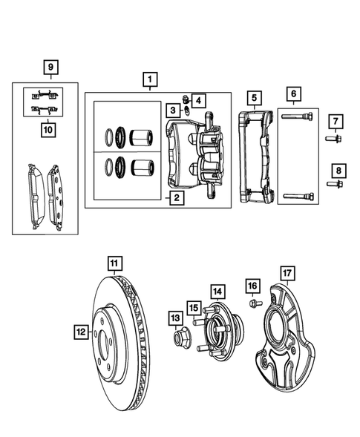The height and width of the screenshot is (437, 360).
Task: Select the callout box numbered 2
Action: click(175, 197)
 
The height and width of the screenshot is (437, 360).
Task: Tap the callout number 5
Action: click(254, 97)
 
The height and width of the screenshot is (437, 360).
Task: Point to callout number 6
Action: click(293, 93)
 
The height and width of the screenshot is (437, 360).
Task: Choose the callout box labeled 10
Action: click(48, 128)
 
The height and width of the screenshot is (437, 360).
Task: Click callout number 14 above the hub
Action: click(217, 291)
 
